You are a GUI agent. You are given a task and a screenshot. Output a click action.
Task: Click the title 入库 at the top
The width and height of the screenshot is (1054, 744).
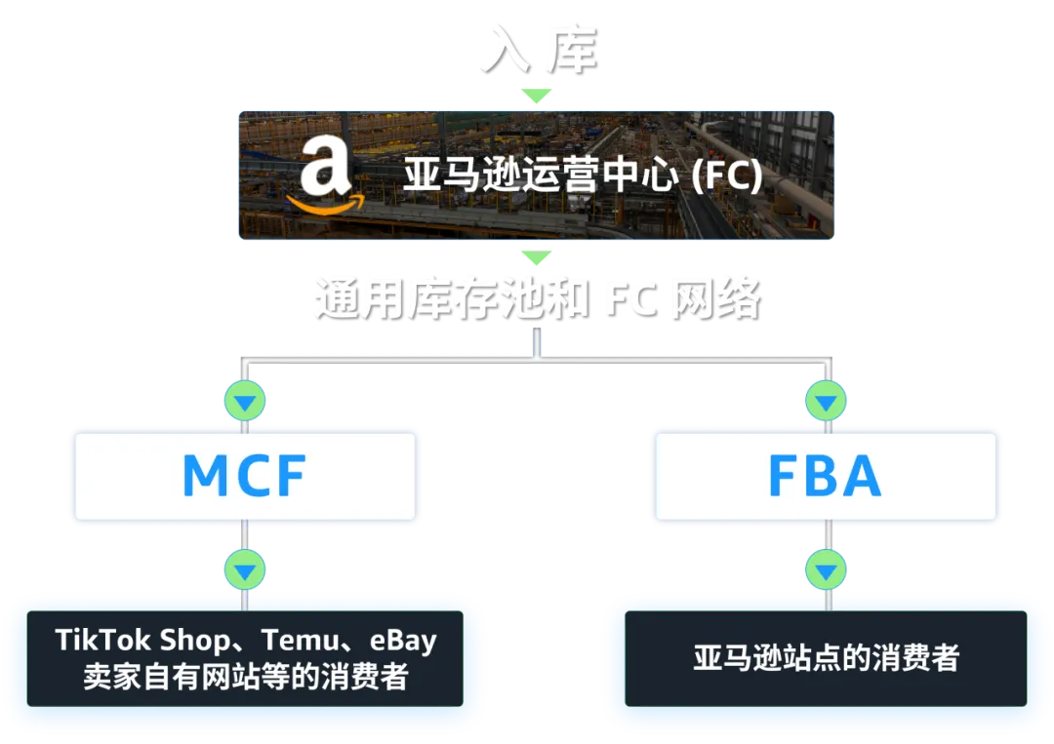point(537,49)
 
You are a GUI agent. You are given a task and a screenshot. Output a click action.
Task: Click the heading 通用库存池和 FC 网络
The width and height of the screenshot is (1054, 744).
point(536,296)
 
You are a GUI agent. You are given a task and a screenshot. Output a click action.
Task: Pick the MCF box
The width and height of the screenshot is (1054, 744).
point(244,476)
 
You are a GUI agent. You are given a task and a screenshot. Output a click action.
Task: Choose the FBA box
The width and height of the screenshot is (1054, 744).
point(826,476)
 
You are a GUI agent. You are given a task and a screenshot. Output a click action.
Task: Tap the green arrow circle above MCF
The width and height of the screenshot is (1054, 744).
point(244,400)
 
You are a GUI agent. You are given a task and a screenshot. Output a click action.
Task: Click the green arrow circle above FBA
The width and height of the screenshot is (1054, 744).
point(826,400)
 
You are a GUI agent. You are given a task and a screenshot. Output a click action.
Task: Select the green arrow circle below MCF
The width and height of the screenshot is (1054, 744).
point(244,568)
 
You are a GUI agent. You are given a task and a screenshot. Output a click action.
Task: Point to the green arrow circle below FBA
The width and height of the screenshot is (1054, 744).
point(826,568)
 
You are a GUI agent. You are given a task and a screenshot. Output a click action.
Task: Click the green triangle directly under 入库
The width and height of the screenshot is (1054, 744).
point(536,96)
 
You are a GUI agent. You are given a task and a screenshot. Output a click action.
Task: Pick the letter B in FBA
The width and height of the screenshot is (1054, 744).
point(827,476)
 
